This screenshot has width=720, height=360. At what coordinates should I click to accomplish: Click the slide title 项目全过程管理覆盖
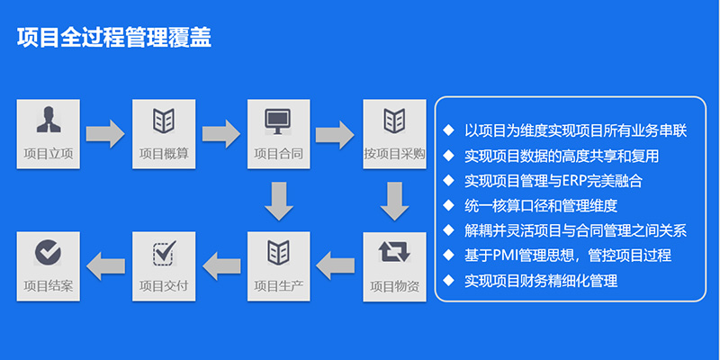114,37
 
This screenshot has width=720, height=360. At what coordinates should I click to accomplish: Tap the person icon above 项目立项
48,119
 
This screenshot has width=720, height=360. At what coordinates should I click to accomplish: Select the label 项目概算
163,154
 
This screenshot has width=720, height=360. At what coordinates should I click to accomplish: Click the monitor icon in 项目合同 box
278,119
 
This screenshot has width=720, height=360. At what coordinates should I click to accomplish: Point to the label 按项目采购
393,154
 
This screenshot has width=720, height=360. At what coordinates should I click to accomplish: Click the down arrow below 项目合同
279,201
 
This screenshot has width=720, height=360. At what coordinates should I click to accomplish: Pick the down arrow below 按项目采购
394,201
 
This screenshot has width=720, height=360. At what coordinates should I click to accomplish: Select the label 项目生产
278,287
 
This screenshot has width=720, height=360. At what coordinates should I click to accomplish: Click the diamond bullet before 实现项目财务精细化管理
448,281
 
